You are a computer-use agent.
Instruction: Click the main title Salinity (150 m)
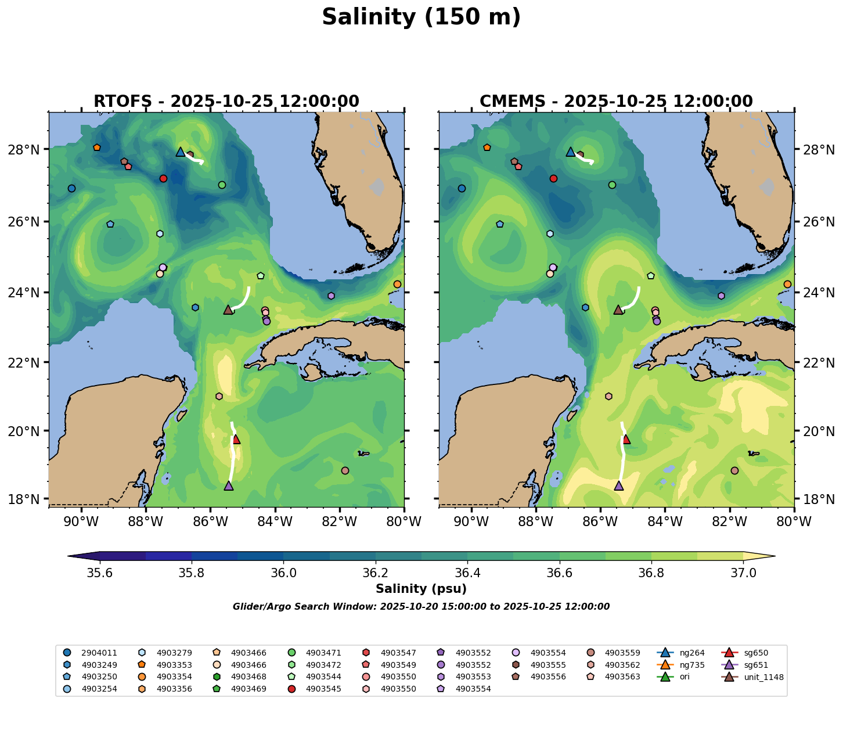pyautogui.click(x=421, y=17)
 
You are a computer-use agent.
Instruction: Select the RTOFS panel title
pyautogui.click(x=226, y=102)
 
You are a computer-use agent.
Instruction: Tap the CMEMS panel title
pyautogui.click(x=616, y=102)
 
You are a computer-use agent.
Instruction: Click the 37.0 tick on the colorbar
pyautogui.click(x=743, y=573)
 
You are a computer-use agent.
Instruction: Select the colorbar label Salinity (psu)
pyautogui.click(x=421, y=589)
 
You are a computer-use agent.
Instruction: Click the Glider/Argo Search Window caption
pyautogui.click(x=421, y=607)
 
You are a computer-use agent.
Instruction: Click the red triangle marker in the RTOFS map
pyautogui.click(x=236, y=439)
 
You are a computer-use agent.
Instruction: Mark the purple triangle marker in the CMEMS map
pyautogui.click(x=618, y=485)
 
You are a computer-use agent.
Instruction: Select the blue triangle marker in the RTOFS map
pyautogui.click(x=181, y=152)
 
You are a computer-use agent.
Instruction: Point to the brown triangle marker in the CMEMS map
pyautogui.click(x=618, y=310)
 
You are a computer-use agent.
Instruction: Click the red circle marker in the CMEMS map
pyautogui.click(x=553, y=178)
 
